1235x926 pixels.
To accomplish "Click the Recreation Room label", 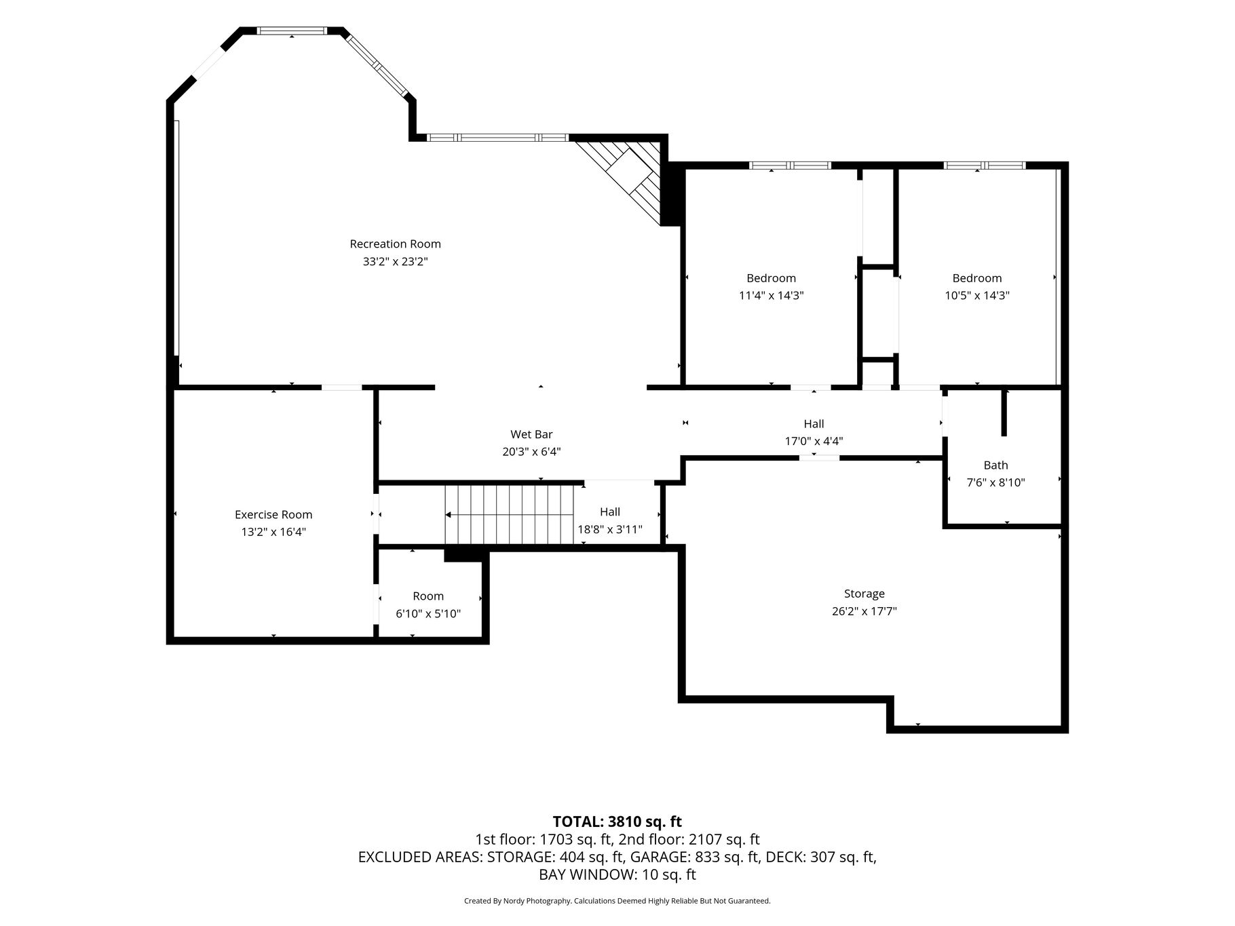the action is pyautogui.click(x=395, y=244).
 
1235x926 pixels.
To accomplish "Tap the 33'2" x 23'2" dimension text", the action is pyautogui.click(x=395, y=261).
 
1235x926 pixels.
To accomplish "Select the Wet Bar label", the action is pyautogui.click(x=531, y=434).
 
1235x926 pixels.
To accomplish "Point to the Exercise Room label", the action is pyautogui.click(x=273, y=514).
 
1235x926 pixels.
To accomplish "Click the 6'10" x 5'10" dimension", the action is pyautogui.click(x=428, y=613).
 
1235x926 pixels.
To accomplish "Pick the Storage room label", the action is pyautogui.click(x=864, y=594).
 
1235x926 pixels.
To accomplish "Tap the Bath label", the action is pyautogui.click(x=995, y=465).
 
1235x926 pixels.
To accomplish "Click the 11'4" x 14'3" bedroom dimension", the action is pyautogui.click(x=771, y=295).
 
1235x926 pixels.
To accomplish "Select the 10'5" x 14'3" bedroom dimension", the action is pyautogui.click(x=976, y=295).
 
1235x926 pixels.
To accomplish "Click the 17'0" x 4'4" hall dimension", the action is pyautogui.click(x=814, y=441).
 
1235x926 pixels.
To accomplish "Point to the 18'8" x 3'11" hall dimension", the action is pyautogui.click(x=609, y=529).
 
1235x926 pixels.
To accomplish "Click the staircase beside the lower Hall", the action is pyautogui.click(x=510, y=515).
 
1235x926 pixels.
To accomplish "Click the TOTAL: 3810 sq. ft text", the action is pyautogui.click(x=617, y=822).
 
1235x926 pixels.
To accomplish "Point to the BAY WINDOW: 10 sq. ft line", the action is pyautogui.click(x=617, y=874).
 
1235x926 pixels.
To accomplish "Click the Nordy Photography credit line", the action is pyautogui.click(x=617, y=901).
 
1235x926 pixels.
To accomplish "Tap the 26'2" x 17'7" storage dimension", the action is pyautogui.click(x=864, y=611).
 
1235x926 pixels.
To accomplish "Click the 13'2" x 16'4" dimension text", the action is pyautogui.click(x=273, y=532).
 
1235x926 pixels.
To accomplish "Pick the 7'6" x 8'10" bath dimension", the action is pyautogui.click(x=995, y=482).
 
